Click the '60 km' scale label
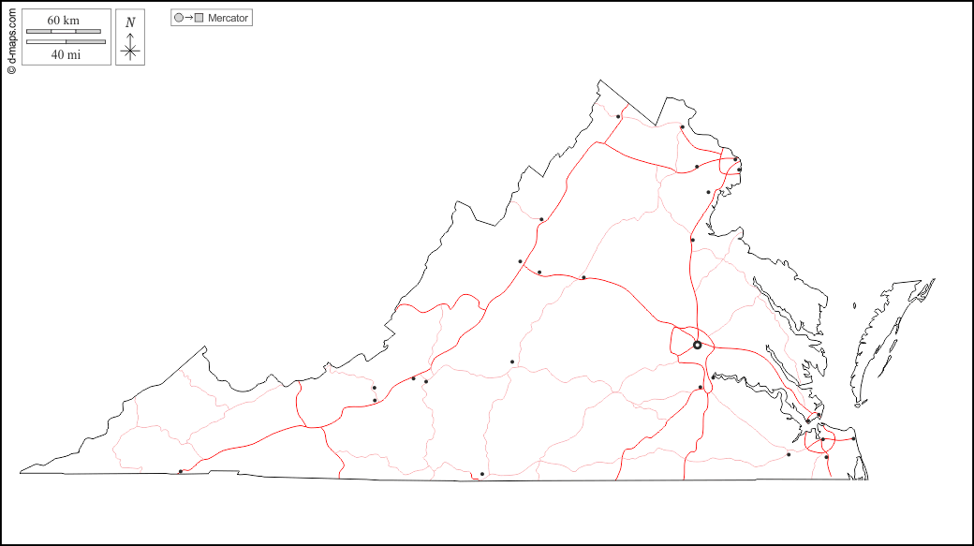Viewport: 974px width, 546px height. (x=63, y=21)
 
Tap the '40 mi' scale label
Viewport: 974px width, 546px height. (x=66, y=54)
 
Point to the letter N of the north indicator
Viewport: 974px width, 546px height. (x=130, y=22)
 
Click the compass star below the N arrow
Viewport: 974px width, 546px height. (x=130, y=51)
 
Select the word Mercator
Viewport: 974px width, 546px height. (x=229, y=18)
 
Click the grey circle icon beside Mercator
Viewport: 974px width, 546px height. (x=179, y=18)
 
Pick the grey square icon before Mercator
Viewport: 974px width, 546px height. (x=199, y=18)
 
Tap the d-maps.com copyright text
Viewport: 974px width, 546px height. (x=11, y=38)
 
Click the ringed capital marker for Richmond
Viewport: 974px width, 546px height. (x=697, y=345)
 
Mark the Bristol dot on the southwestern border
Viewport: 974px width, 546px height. (x=181, y=471)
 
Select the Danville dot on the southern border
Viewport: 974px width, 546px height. (x=482, y=474)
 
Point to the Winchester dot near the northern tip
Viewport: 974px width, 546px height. (x=618, y=117)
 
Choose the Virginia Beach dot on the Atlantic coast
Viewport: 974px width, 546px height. (x=854, y=438)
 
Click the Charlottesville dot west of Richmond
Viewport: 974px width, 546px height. (x=583, y=277)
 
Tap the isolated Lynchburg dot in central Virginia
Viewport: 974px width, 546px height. (x=512, y=362)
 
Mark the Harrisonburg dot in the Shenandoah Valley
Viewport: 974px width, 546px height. (x=541, y=219)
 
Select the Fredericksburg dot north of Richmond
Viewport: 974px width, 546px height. (x=693, y=240)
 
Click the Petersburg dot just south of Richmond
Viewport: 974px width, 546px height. (x=701, y=388)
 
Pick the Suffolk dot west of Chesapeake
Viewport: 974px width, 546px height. (x=789, y=454)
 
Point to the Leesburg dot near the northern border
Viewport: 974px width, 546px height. (x=682, y=127)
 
